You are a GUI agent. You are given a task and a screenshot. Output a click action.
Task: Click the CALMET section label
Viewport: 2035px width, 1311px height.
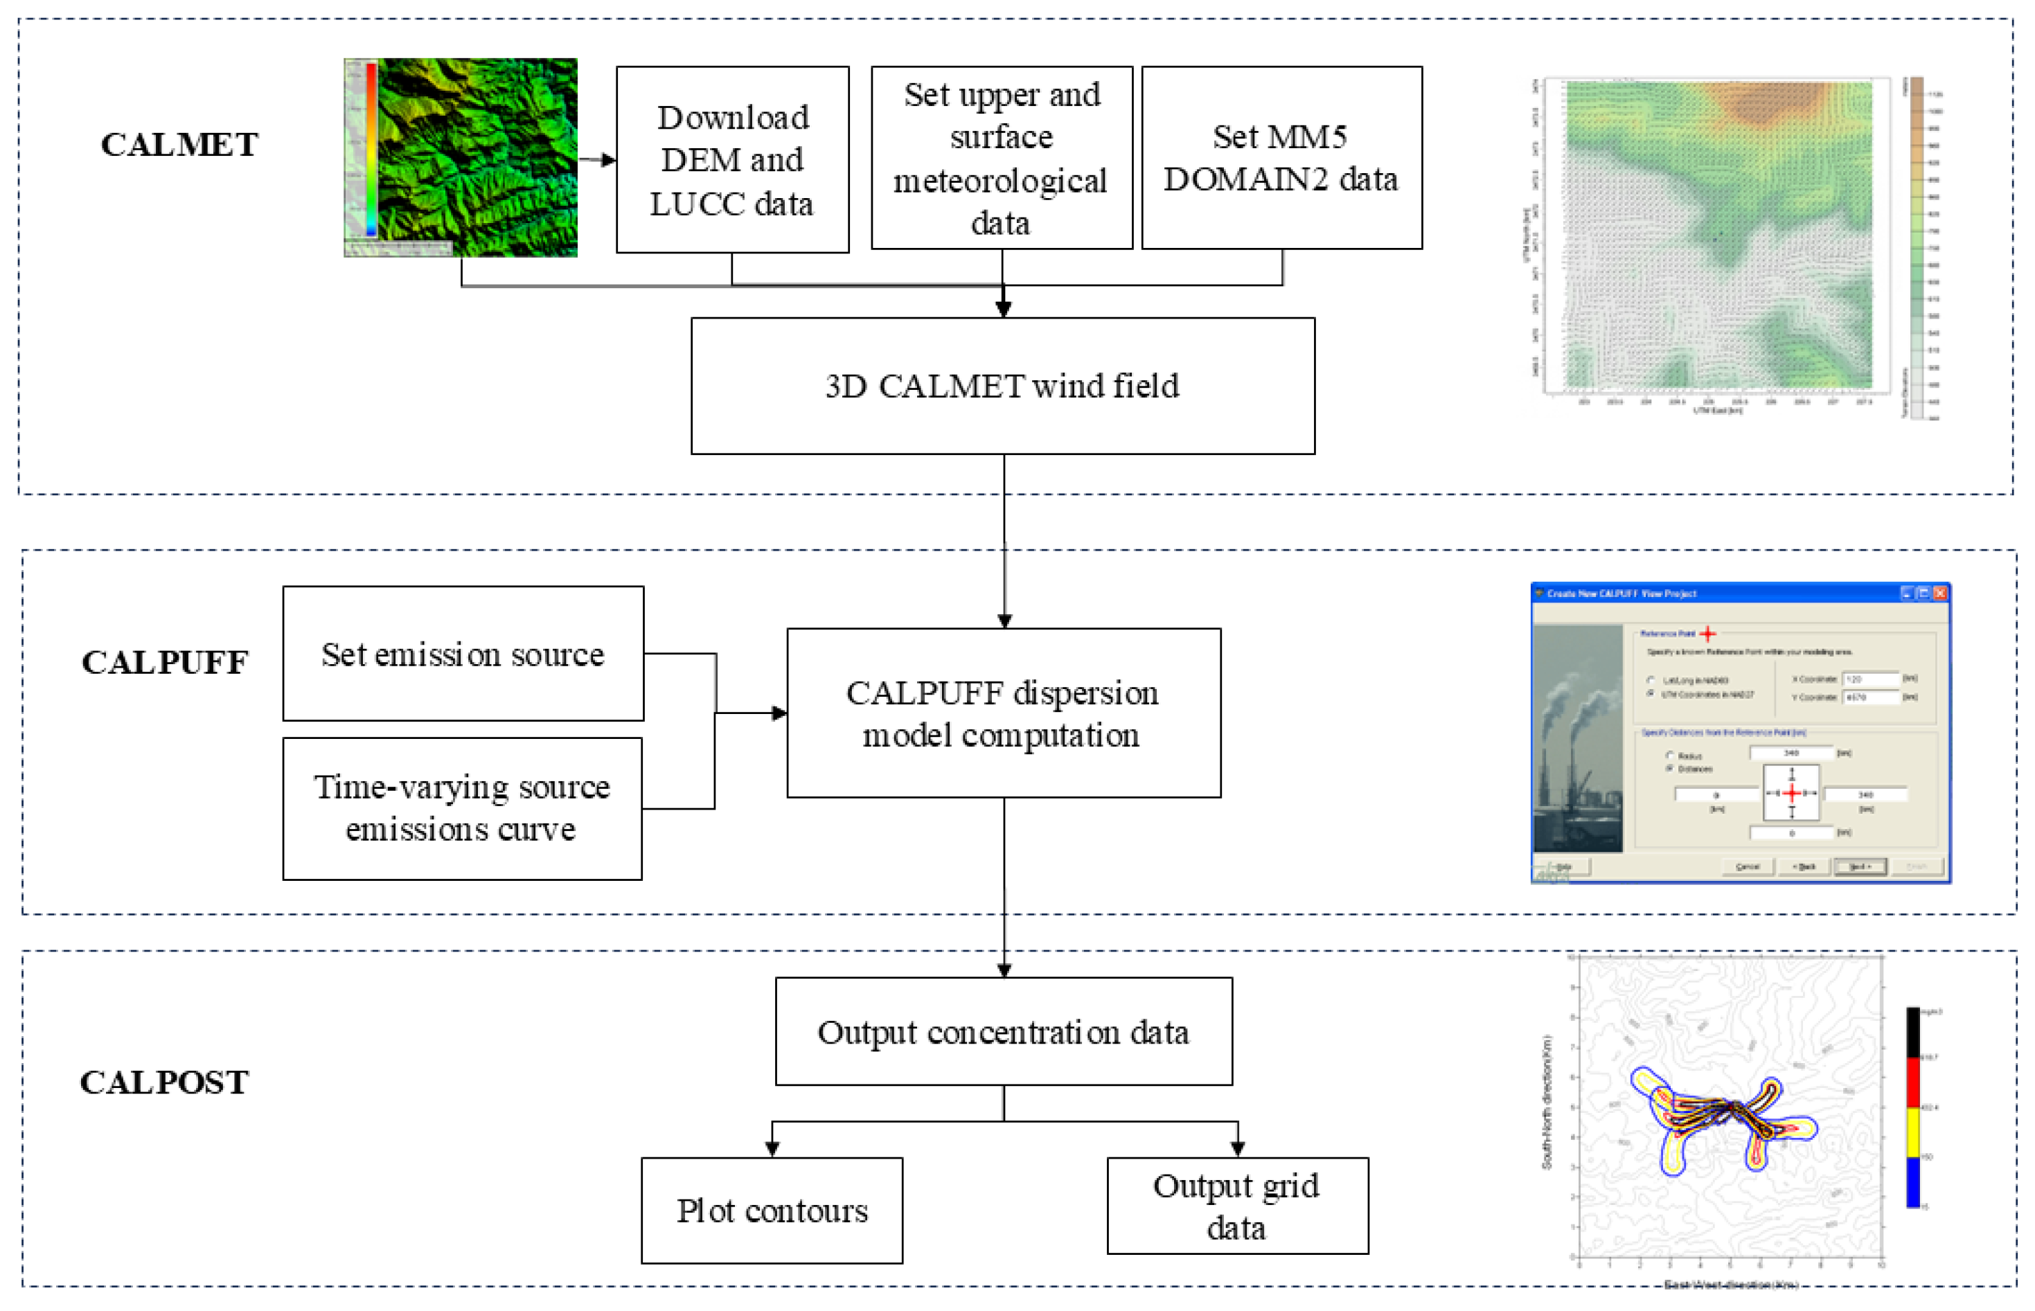pyautogui.click(x=179, y=145)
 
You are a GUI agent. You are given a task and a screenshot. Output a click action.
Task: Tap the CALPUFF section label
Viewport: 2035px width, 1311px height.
pyautogui.click(x=164, y=662)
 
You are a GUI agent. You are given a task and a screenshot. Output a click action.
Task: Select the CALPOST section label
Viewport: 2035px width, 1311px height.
pyautogui.click(x=164, y=1082)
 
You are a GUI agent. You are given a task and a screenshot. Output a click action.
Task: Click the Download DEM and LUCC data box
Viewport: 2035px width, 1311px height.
pyautogui.click(x=732, y=160)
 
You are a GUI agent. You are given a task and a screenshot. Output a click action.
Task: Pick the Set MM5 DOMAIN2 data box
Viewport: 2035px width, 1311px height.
pyautogui.click(x=1281, y=159)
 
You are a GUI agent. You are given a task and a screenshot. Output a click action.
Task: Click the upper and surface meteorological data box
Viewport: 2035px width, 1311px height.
pyautogui.click(x=1002, y=159)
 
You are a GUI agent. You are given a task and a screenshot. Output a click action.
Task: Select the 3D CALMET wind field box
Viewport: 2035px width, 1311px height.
pyautogui.click(x=1002, y=386)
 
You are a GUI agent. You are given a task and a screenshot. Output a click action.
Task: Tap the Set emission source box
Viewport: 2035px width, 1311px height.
pyautogui.click(x=463, y=654)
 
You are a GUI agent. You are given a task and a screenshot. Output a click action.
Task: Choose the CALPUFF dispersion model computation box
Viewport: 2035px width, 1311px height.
pyautogui.click(x=1003, y=713)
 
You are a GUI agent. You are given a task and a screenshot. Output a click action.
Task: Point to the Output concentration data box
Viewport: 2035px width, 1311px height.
pyautogui.click(x=1003, y=1031)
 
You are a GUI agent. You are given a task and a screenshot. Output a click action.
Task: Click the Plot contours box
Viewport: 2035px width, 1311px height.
pyautogui.click(x=772, y=1210)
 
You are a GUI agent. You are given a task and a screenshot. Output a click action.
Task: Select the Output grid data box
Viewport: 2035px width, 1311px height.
pyautogui.click(x=1237, y=1206)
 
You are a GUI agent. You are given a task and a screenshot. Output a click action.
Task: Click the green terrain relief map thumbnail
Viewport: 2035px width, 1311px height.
pyautogui.click(x=461, y=157)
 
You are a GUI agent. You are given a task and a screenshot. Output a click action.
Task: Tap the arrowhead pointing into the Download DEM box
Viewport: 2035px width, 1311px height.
pyautogui.click(x=609, y=160)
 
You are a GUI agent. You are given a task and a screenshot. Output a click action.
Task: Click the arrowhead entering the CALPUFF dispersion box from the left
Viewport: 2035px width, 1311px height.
pyautogui.click(x=779, y=713)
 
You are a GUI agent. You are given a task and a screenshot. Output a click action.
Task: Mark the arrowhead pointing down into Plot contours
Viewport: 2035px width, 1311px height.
pyautogui.click(x=772, y=1148)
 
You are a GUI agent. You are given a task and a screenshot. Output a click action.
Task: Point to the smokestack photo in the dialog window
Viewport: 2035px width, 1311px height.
pyautogui.click(x=1577, y=738)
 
